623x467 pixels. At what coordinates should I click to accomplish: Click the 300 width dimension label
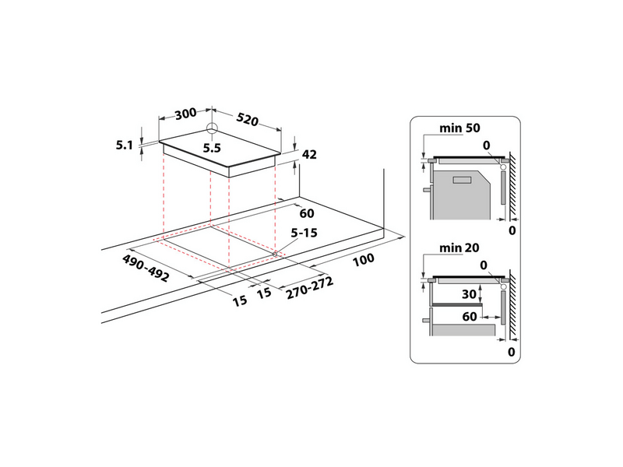(x=185, y=114)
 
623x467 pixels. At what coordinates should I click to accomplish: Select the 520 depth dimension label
(x=247, y=120)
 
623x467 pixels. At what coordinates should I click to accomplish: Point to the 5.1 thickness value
(x=125, y=144)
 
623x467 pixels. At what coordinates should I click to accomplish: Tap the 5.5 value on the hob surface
(x=213, y=148)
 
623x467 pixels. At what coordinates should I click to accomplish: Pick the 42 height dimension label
(x=311, y=155)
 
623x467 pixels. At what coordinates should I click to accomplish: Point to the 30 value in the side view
(x=468, y=295)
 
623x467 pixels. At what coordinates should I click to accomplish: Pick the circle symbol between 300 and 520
(x=212, y=128)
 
